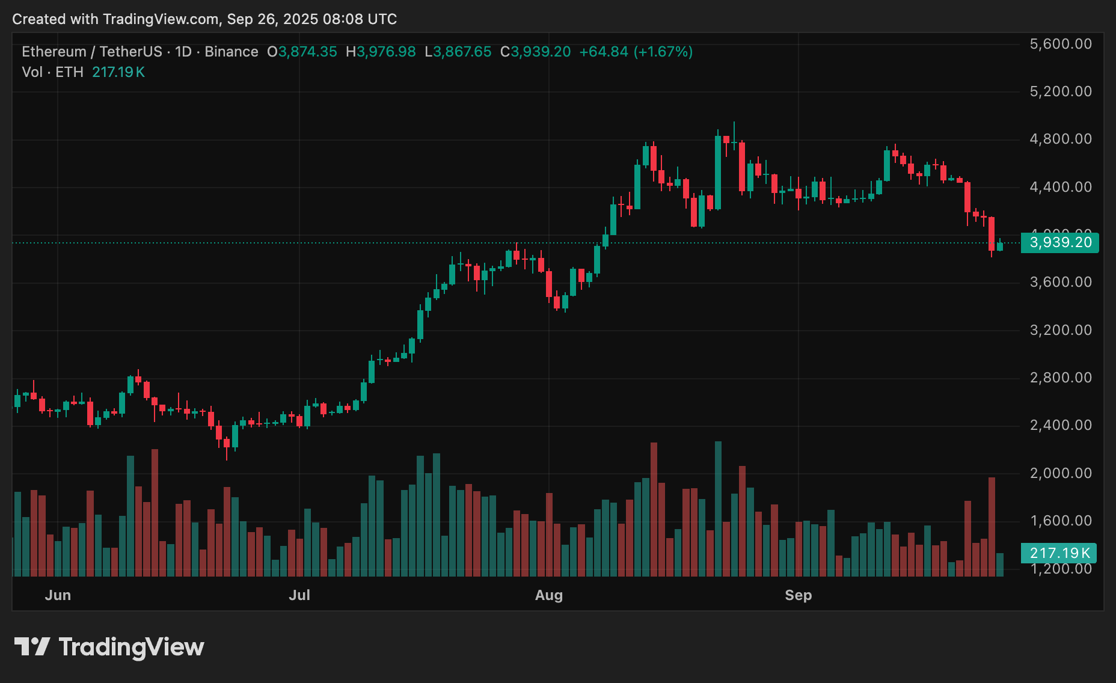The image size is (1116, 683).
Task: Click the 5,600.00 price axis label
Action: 1061,44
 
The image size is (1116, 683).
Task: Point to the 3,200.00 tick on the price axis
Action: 1061,330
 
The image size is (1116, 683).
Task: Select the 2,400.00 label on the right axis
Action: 1061,425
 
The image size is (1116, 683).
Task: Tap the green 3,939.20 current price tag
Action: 1060,242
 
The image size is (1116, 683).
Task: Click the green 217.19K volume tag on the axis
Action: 1059,553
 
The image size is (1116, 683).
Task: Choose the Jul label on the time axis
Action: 299,595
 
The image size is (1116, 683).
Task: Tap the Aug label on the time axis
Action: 549,595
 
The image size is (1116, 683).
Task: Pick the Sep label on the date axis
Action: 798,595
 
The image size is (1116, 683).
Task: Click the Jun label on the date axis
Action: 58,595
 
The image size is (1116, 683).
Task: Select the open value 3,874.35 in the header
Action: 307,52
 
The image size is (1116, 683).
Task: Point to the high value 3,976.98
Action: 386,52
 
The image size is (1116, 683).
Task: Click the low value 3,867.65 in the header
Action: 462,52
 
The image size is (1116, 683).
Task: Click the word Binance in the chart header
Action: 231,52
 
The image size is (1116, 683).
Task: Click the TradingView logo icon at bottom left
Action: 32,647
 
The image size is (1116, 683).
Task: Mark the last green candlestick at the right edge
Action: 1000,247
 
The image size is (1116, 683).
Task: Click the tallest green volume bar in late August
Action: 718,508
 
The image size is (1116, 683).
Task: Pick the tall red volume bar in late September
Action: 992,526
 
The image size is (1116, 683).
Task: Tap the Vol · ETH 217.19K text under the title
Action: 84,72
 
